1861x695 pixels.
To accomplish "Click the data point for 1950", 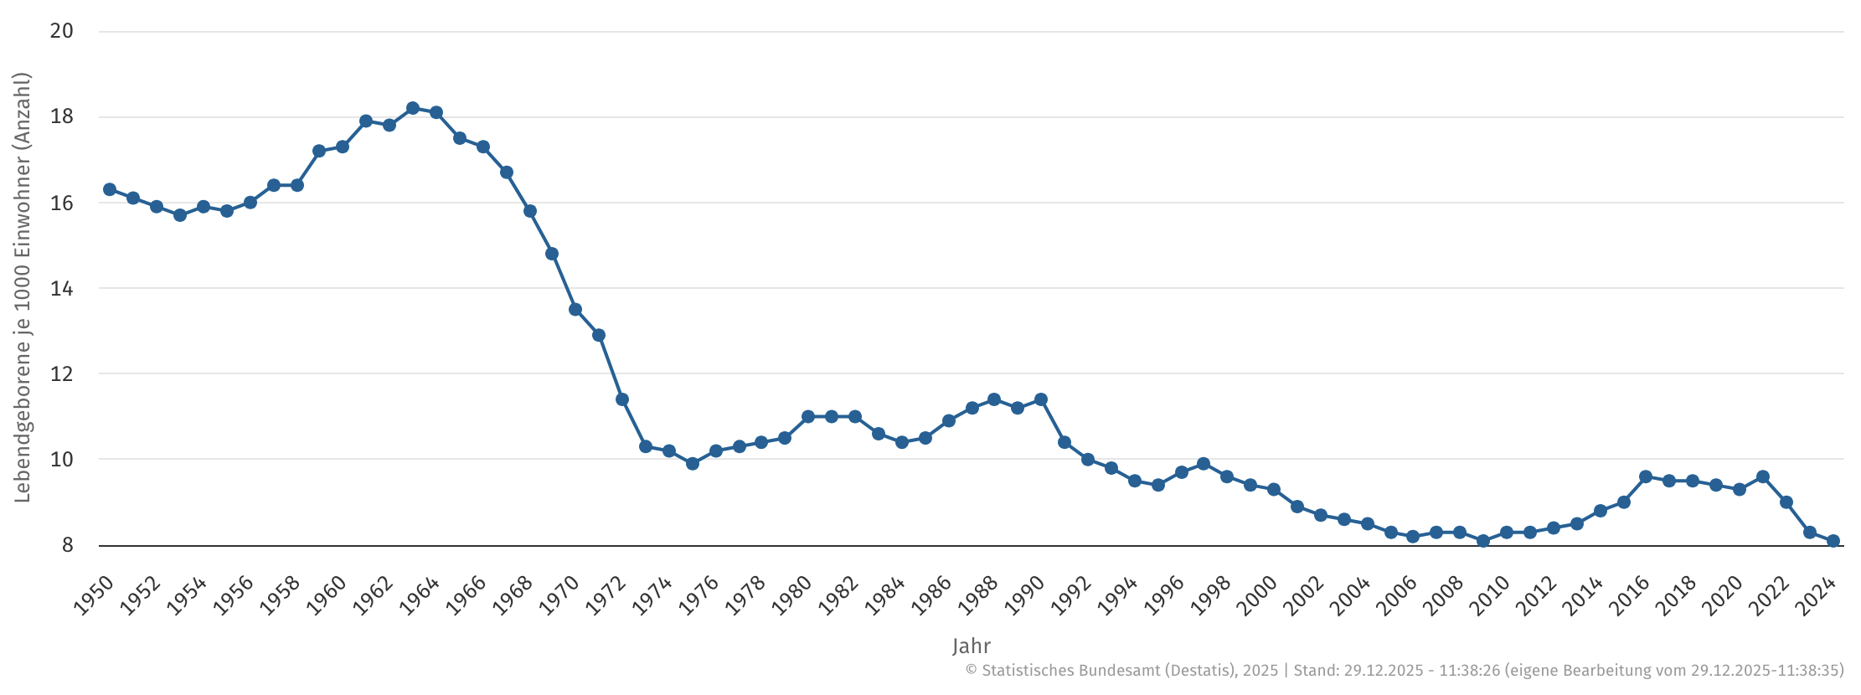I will tap(110, 189).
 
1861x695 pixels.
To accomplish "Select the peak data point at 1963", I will tap(413, 108).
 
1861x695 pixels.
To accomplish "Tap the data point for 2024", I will tap(1833, 541).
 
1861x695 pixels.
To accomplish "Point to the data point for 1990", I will tap(1041, 399).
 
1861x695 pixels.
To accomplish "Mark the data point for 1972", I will tap(622, 399).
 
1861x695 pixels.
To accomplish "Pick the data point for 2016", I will tap(1646, 476).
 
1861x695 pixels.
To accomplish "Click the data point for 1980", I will tap(808, 416).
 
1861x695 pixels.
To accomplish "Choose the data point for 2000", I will tap(1274, 489).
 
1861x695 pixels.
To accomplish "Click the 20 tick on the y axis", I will tap(62, 31).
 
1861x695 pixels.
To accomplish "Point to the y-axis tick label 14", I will tap(62, 289).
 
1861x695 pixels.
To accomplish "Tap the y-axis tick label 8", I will tap(68, 546).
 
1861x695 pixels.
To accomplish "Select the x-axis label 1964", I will tap(420, 595).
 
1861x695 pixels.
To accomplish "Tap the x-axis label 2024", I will tap(1817, 595).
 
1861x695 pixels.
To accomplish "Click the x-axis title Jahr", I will tap(972, 646).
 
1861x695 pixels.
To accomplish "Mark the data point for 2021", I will tap(1763, 476).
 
